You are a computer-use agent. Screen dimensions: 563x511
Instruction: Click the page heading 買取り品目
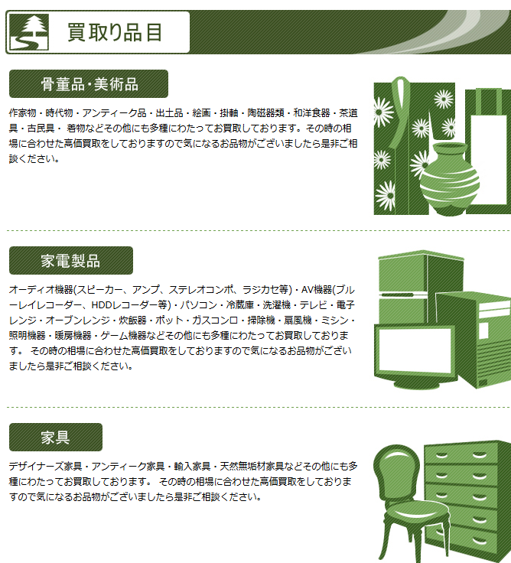(x=115, y=32)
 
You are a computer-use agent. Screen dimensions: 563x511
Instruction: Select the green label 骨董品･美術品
(x=89, y=84)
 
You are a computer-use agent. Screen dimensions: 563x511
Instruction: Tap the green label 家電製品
(x=70, y=260)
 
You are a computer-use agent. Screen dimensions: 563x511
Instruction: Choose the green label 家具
(x=55, y=438)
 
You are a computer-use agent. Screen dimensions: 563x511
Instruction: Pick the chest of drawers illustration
(x=467, y=497)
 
